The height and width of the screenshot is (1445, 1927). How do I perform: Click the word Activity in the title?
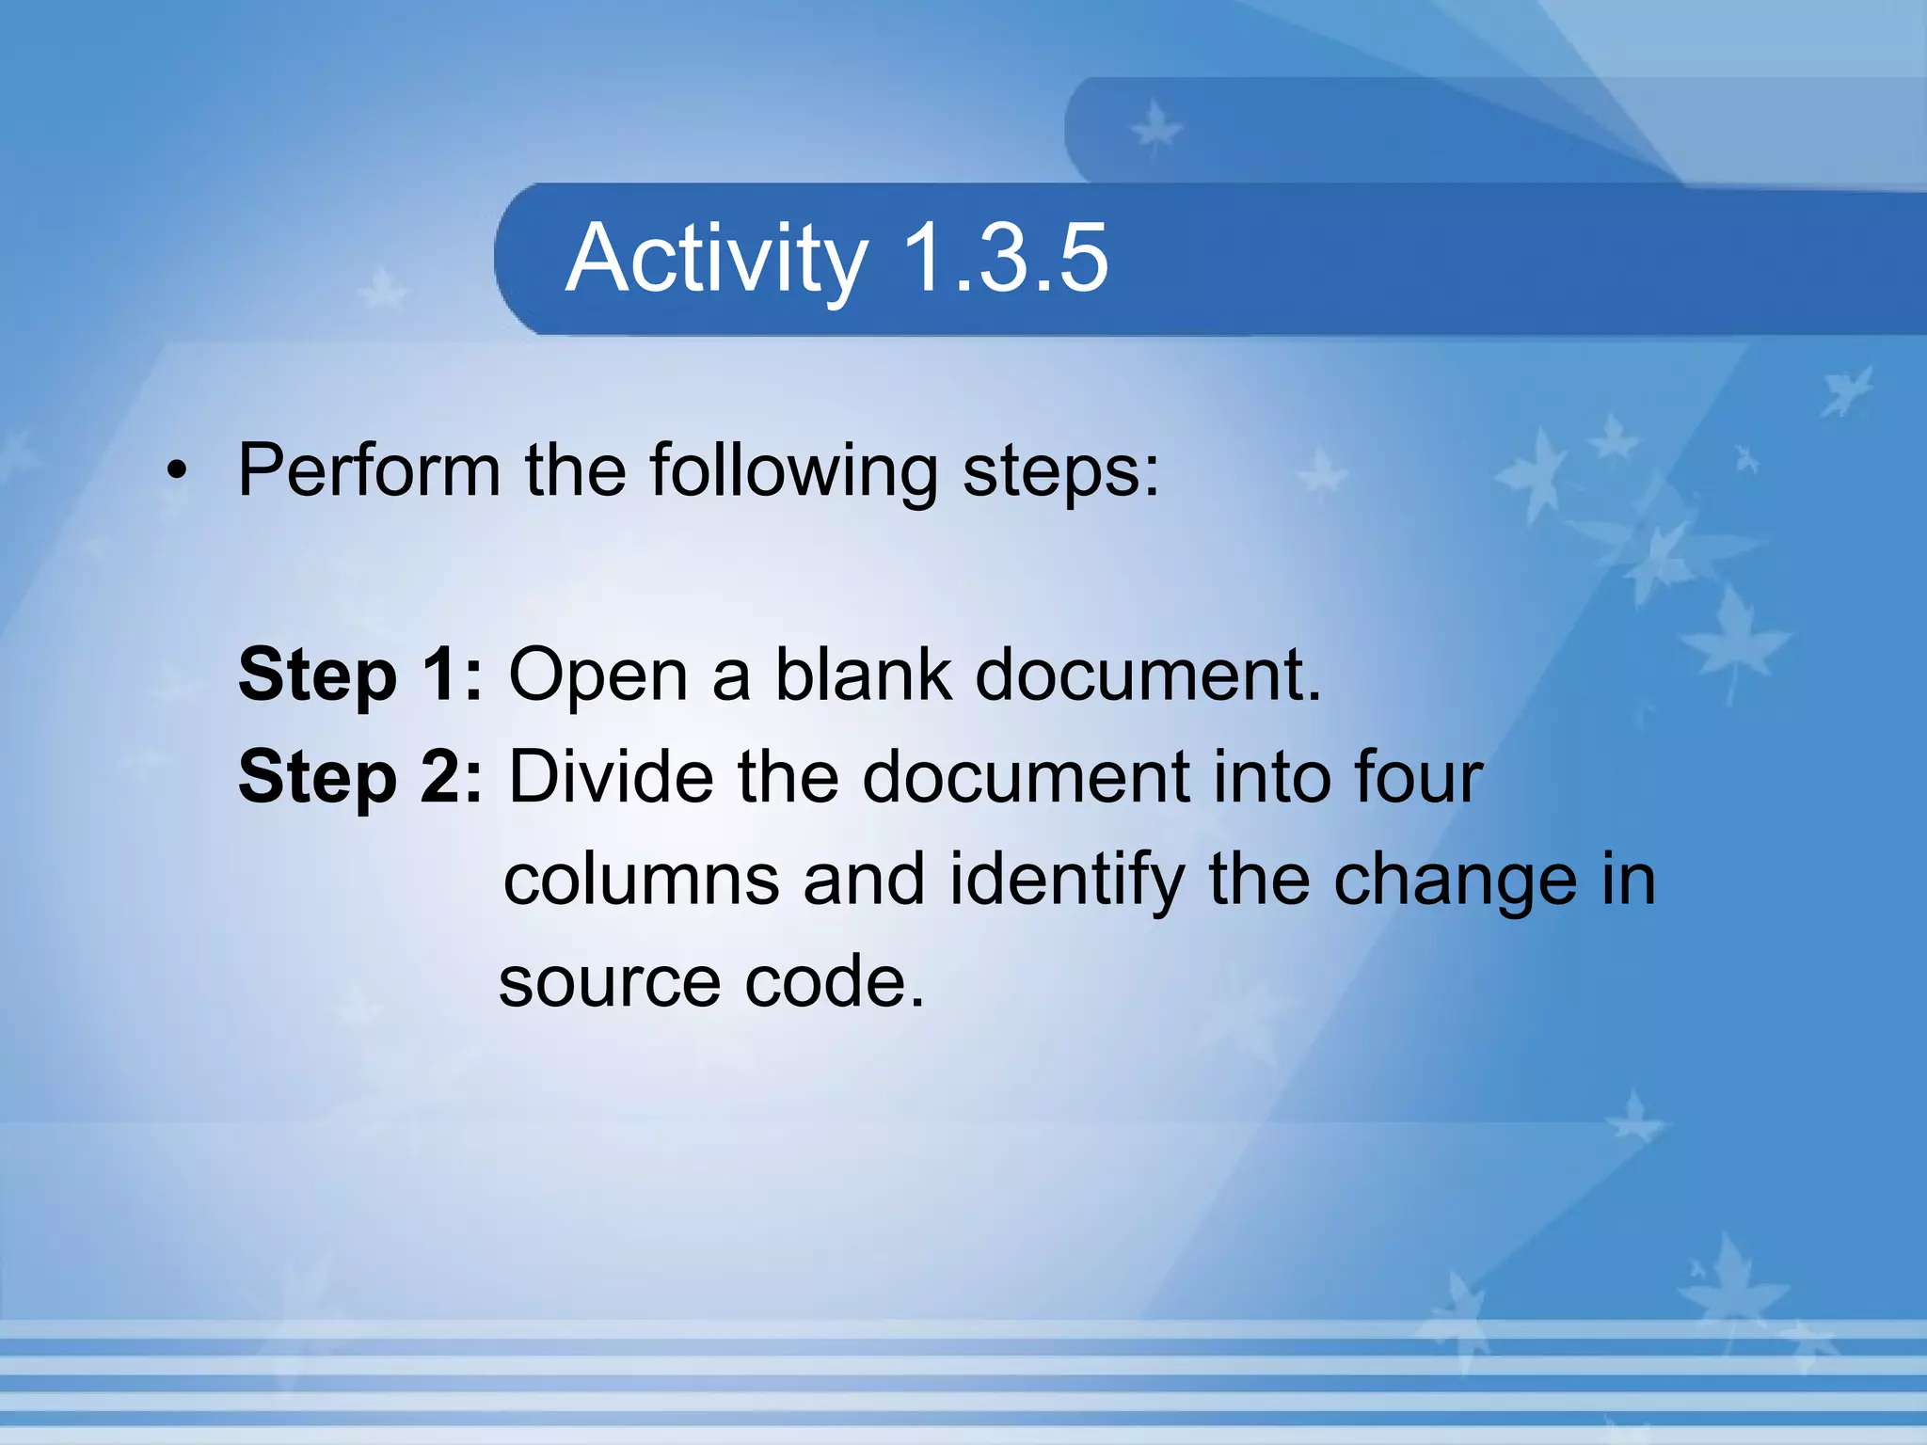717,259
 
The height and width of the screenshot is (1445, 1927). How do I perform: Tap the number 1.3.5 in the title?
1005,259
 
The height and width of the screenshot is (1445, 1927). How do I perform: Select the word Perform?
369,470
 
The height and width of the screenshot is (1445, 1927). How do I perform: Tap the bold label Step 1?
360,675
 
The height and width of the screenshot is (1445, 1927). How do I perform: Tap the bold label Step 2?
360,778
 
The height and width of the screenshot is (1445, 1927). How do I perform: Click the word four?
1418,777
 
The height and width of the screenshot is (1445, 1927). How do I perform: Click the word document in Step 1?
1148,675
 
